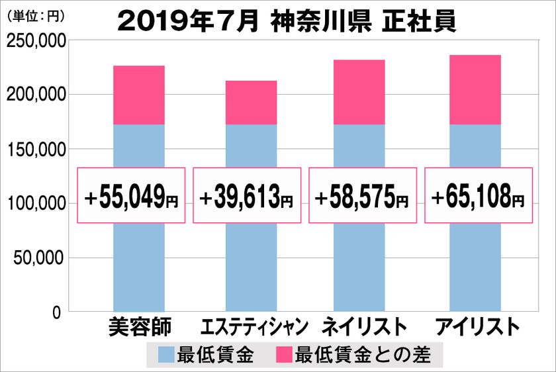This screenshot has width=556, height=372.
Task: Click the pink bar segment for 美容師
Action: (x=139, y=95)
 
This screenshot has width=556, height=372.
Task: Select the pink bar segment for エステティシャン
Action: (x=251, y=103)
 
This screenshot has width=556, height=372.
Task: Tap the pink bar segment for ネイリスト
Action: (x=359, y=92)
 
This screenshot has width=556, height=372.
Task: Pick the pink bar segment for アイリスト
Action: (x=475, y=90)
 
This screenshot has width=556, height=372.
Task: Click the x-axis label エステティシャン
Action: (x=254, y=327)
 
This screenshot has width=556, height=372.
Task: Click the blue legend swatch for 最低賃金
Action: (x=167, y=355)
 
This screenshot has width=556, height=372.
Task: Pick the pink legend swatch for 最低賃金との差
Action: (x=283, y=355)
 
